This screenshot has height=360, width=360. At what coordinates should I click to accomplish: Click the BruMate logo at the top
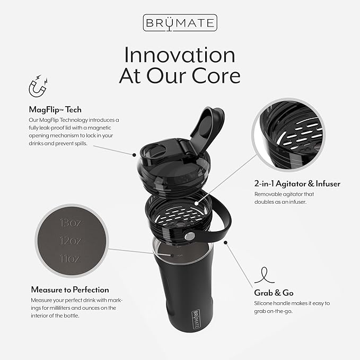pos(180,23)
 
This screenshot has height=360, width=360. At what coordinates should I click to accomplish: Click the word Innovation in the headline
pos(180,55)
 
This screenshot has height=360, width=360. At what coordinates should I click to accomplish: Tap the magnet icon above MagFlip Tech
pos(38,86)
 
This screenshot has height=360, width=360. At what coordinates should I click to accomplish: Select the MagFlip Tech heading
pos(55,110)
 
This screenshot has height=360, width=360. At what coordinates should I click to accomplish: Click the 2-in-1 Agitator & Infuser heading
pos(297,183)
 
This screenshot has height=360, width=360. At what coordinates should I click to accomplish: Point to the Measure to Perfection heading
pos(70,289)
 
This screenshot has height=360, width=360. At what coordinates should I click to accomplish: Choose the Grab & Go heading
pos(274,293)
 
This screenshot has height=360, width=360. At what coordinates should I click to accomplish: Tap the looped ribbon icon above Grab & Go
pos(264,275)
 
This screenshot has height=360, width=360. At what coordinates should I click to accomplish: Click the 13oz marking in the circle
pos(71,223)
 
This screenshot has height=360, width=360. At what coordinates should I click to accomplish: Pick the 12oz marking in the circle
pos(71,241)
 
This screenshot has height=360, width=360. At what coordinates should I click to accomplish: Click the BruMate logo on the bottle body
pos(196,319)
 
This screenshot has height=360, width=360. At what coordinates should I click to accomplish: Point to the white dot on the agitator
pos(197,203)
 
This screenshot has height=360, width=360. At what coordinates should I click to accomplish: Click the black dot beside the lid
pos(134,155)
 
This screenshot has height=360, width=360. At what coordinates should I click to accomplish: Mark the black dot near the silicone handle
pos(226,242)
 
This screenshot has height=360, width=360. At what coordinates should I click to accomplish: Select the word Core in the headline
pos(216,76)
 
